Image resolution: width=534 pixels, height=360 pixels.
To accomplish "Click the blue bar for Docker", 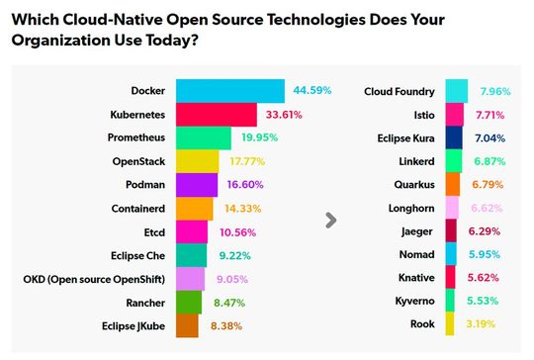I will point(230,91).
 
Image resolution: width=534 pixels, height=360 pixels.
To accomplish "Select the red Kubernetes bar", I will point(217,115).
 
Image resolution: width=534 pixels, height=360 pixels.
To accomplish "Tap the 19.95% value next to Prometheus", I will point(257,137).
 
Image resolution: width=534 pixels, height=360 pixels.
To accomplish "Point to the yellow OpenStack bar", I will point(198,161).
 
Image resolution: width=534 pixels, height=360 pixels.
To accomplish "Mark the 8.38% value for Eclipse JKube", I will point(226,324).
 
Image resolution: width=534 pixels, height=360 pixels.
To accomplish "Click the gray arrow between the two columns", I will point(331,220).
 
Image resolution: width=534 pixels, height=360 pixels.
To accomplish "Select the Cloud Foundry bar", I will point(456,91).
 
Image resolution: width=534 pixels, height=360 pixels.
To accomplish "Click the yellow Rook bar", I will point(450,324).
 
